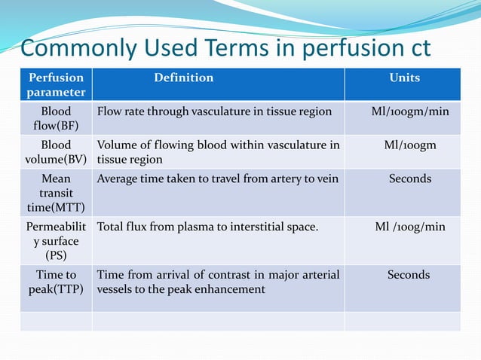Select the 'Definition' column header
click(183, 78)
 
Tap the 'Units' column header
click(404, 78)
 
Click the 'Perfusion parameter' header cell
click(57, 85)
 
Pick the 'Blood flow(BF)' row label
click(57, 118)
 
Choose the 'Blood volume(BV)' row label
click(57, 152)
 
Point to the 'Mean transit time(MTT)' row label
click(57, 193)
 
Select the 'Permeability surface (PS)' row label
click(57, 240)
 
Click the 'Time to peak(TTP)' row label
click(57, 282)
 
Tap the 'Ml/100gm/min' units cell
click(409, 111)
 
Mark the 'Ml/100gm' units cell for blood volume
click(409, 145)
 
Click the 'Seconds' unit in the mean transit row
click(409, 178)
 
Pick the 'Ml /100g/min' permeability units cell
click(409, 227)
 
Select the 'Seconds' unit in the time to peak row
click(409, 275)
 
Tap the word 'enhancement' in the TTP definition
click(230, 289)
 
